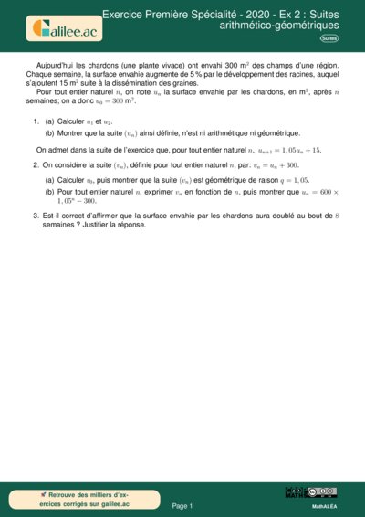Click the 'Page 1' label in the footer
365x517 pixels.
click(182, 505)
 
